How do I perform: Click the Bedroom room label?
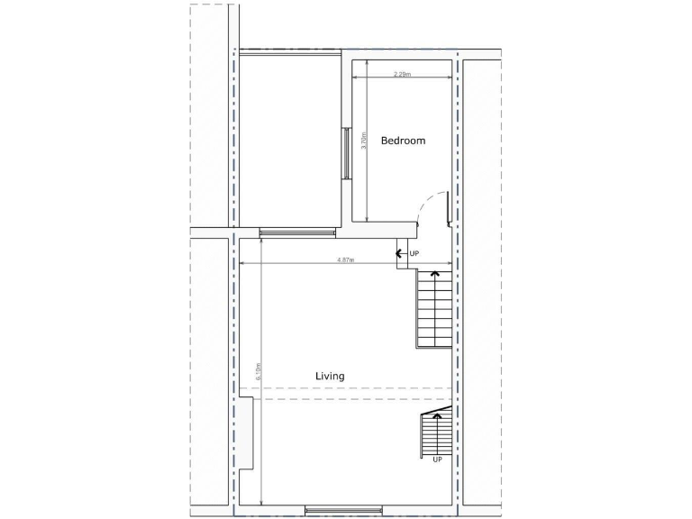coord(403,141)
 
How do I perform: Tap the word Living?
coord(330,376)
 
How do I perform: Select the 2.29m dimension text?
coord(402,75)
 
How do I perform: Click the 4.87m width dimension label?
coord(344,259)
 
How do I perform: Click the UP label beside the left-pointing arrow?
coord(414,254)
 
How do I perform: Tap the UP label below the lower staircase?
coord(437,460)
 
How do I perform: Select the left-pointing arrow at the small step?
coord(399,254)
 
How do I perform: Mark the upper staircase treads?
coord(433,311)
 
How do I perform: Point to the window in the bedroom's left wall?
coord(345,153)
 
